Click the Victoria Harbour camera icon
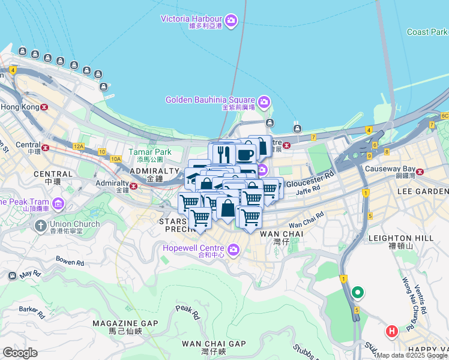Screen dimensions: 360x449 click(232, 22)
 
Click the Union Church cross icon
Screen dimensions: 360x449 click(40, 226)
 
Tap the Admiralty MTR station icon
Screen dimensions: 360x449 click(133, 186)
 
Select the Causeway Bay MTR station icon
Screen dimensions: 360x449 click(420, 172)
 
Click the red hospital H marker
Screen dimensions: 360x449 click(392, 331)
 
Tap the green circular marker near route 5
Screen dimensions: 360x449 click(358, 293)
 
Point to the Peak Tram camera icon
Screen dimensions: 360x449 click(58, 203)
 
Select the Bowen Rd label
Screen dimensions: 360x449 click(70, 262)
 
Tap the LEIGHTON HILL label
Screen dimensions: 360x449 click(409, 238)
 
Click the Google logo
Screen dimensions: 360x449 click(20, 352)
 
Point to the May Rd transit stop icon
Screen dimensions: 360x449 click(12, 276)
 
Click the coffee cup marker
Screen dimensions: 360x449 click(245, 154)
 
